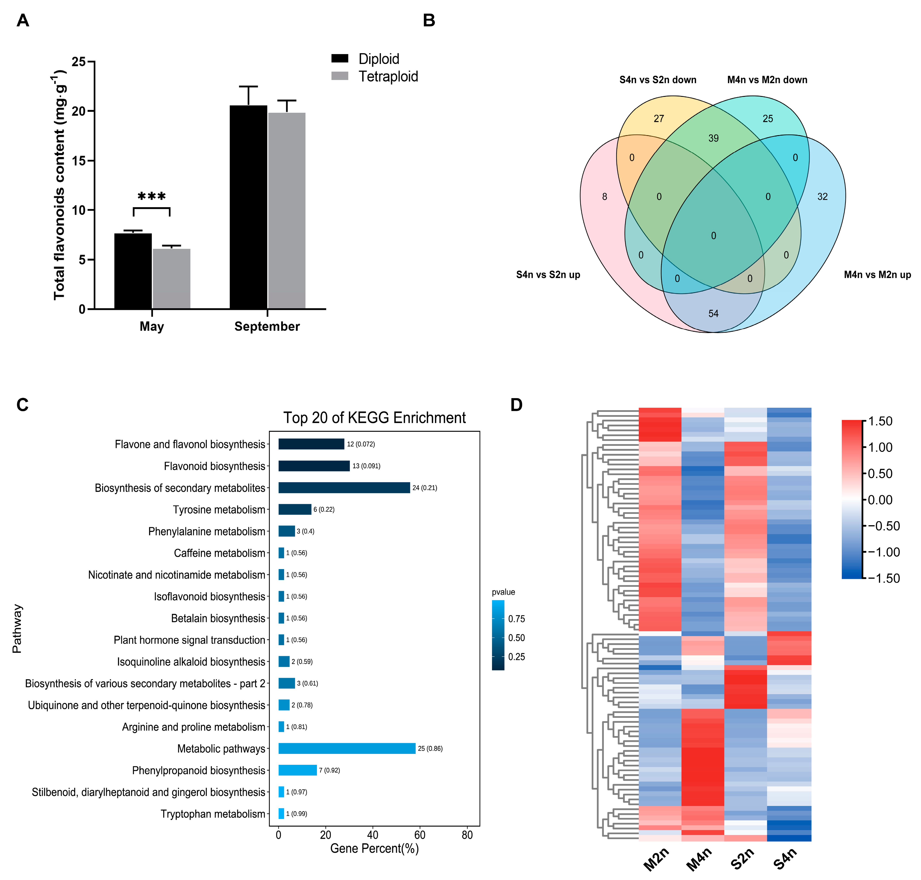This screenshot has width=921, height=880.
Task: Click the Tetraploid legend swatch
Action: click(x=339, y=76)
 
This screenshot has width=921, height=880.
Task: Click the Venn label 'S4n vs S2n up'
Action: click(x=548, y=275)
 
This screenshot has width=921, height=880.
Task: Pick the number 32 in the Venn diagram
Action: click(x=822, y=197)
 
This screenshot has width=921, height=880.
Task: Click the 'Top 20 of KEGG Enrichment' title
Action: click(x=374, y=417)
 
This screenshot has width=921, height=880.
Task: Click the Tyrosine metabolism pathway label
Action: click(x=219, y=509)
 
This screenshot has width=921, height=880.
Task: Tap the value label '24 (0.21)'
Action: click(x=424, y=488)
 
